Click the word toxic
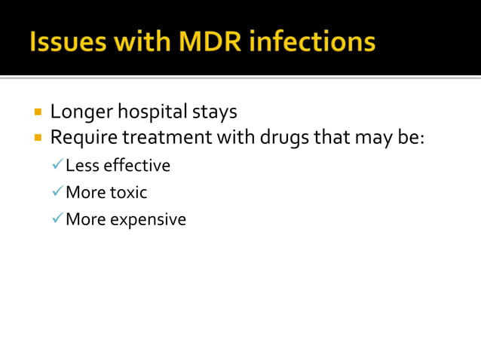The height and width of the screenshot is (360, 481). [128, 193]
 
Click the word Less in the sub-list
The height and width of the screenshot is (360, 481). [80, 166]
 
